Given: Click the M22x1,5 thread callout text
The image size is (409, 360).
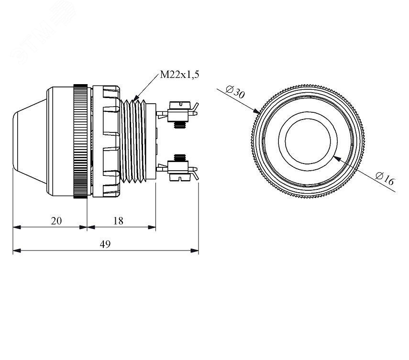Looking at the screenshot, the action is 179,75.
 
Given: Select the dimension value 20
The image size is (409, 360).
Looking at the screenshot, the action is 56,221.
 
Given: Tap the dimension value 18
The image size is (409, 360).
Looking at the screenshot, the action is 118,221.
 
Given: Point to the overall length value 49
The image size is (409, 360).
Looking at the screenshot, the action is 105,244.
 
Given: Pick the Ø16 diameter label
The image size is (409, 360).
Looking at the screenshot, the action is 385,179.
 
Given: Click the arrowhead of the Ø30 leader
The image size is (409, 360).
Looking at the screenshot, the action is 257,111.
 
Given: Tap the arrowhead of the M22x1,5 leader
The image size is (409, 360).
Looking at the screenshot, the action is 136,98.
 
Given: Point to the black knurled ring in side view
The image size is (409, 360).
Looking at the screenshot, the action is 80,141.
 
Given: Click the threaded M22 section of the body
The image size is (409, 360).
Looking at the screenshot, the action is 133,141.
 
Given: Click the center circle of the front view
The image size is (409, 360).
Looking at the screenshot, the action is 308,141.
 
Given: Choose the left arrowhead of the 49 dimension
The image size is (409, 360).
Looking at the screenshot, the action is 17,251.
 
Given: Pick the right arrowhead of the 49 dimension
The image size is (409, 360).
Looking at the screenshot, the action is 195,251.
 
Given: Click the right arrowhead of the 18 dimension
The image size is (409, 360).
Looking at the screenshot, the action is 152,227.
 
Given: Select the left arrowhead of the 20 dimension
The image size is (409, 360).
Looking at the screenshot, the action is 17,227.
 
